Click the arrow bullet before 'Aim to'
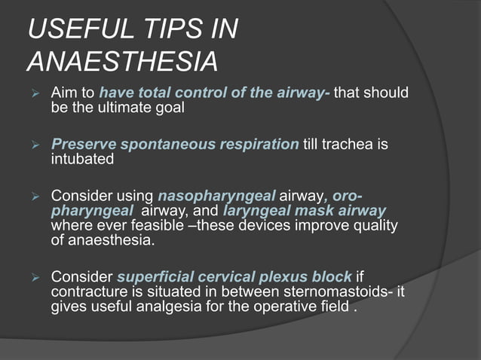pos(32,94)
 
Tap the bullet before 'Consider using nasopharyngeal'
pos(32,196)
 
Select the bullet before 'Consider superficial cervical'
pos(32,272)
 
